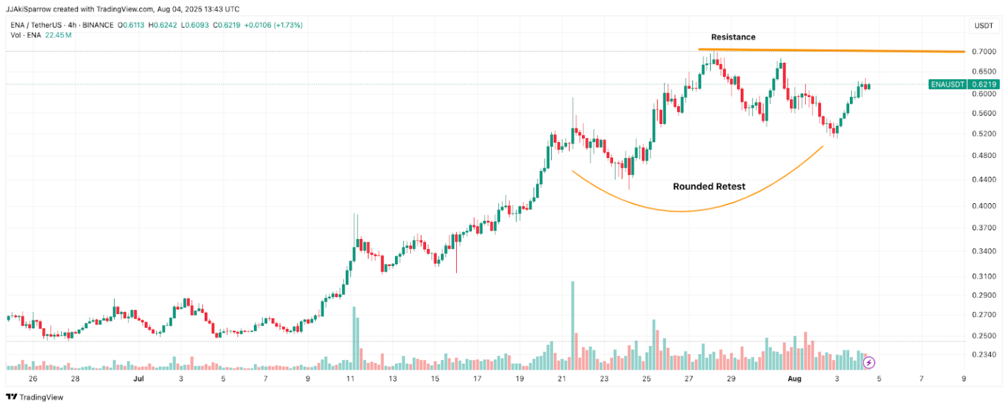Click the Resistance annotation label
point(733,37)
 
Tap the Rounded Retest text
point(709,186)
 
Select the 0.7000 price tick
point(984,51)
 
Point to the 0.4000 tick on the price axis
point(984,206)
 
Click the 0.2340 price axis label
point(984,355)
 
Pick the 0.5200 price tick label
point(984,134)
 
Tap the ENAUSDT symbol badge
point(948,85)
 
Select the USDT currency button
point(984,26)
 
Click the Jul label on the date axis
point(138,379)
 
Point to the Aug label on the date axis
point(795,379)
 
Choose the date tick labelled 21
point(561,379)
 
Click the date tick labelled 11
point(350,379)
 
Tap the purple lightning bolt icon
point(869,362)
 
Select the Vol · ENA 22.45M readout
point(41,35)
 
